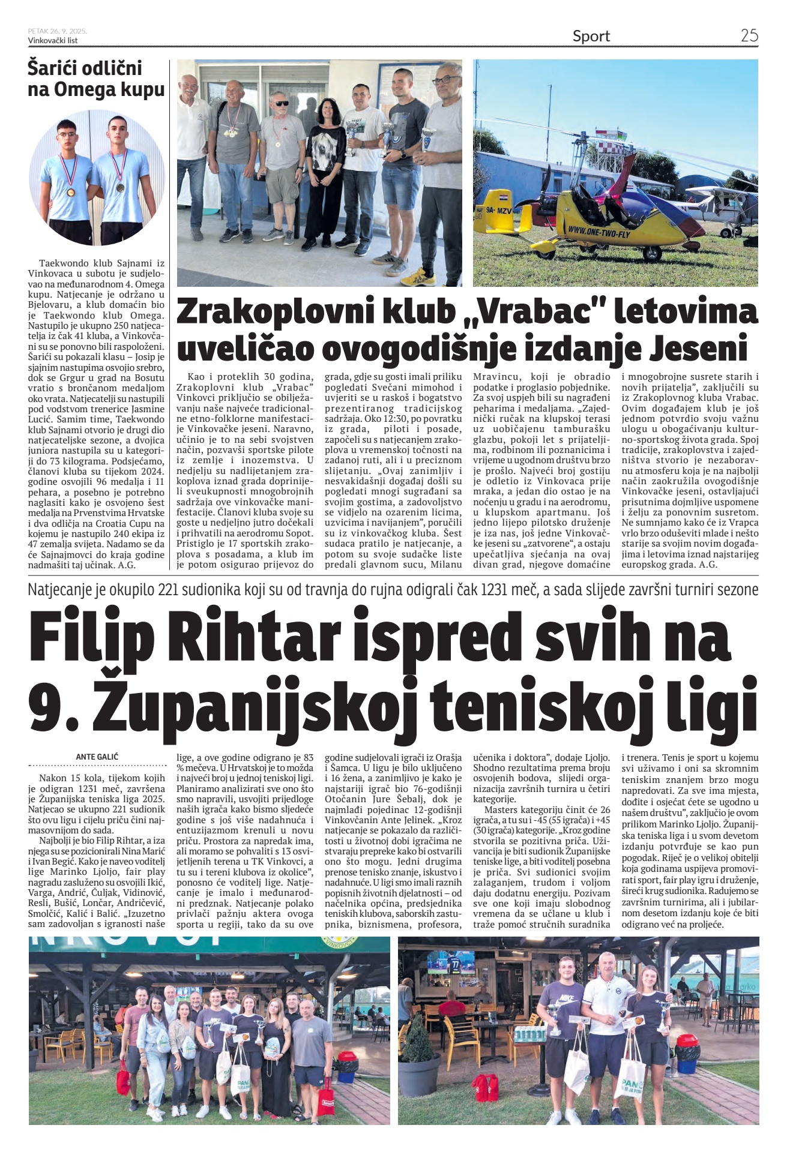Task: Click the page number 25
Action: click(749, 35)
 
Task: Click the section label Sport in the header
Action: click(591, 36)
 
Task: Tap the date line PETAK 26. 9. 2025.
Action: click(57, 31)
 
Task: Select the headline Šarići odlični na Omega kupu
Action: click(96, 79)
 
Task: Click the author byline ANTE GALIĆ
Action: click(97, 757)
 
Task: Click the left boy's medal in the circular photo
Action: click(71, 193)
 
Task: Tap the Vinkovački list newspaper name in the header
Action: click(53, 40)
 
